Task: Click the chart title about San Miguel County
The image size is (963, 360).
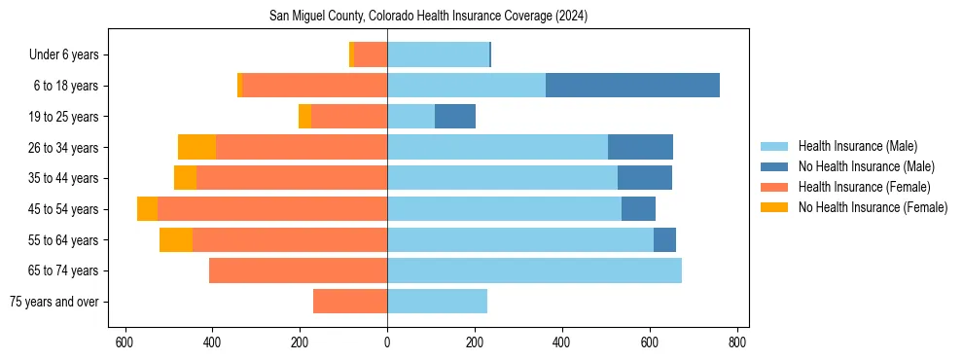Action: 428,17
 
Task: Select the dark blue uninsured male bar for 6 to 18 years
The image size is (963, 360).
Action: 632,86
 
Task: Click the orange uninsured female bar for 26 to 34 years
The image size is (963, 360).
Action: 197,147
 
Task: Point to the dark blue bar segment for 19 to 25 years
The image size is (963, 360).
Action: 455,117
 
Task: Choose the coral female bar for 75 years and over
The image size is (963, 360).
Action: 350,302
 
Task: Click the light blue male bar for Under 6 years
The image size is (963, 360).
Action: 438,54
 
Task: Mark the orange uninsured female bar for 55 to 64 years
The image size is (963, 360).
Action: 176,239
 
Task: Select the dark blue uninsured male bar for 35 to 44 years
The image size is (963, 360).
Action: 645,178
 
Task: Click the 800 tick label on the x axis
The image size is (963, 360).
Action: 737,342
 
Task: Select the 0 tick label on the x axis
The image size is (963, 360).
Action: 387,342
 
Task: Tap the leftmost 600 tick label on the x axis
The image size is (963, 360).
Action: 125,342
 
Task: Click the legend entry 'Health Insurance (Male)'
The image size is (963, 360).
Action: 857,146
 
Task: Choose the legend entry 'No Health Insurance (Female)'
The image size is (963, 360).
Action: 873,207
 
